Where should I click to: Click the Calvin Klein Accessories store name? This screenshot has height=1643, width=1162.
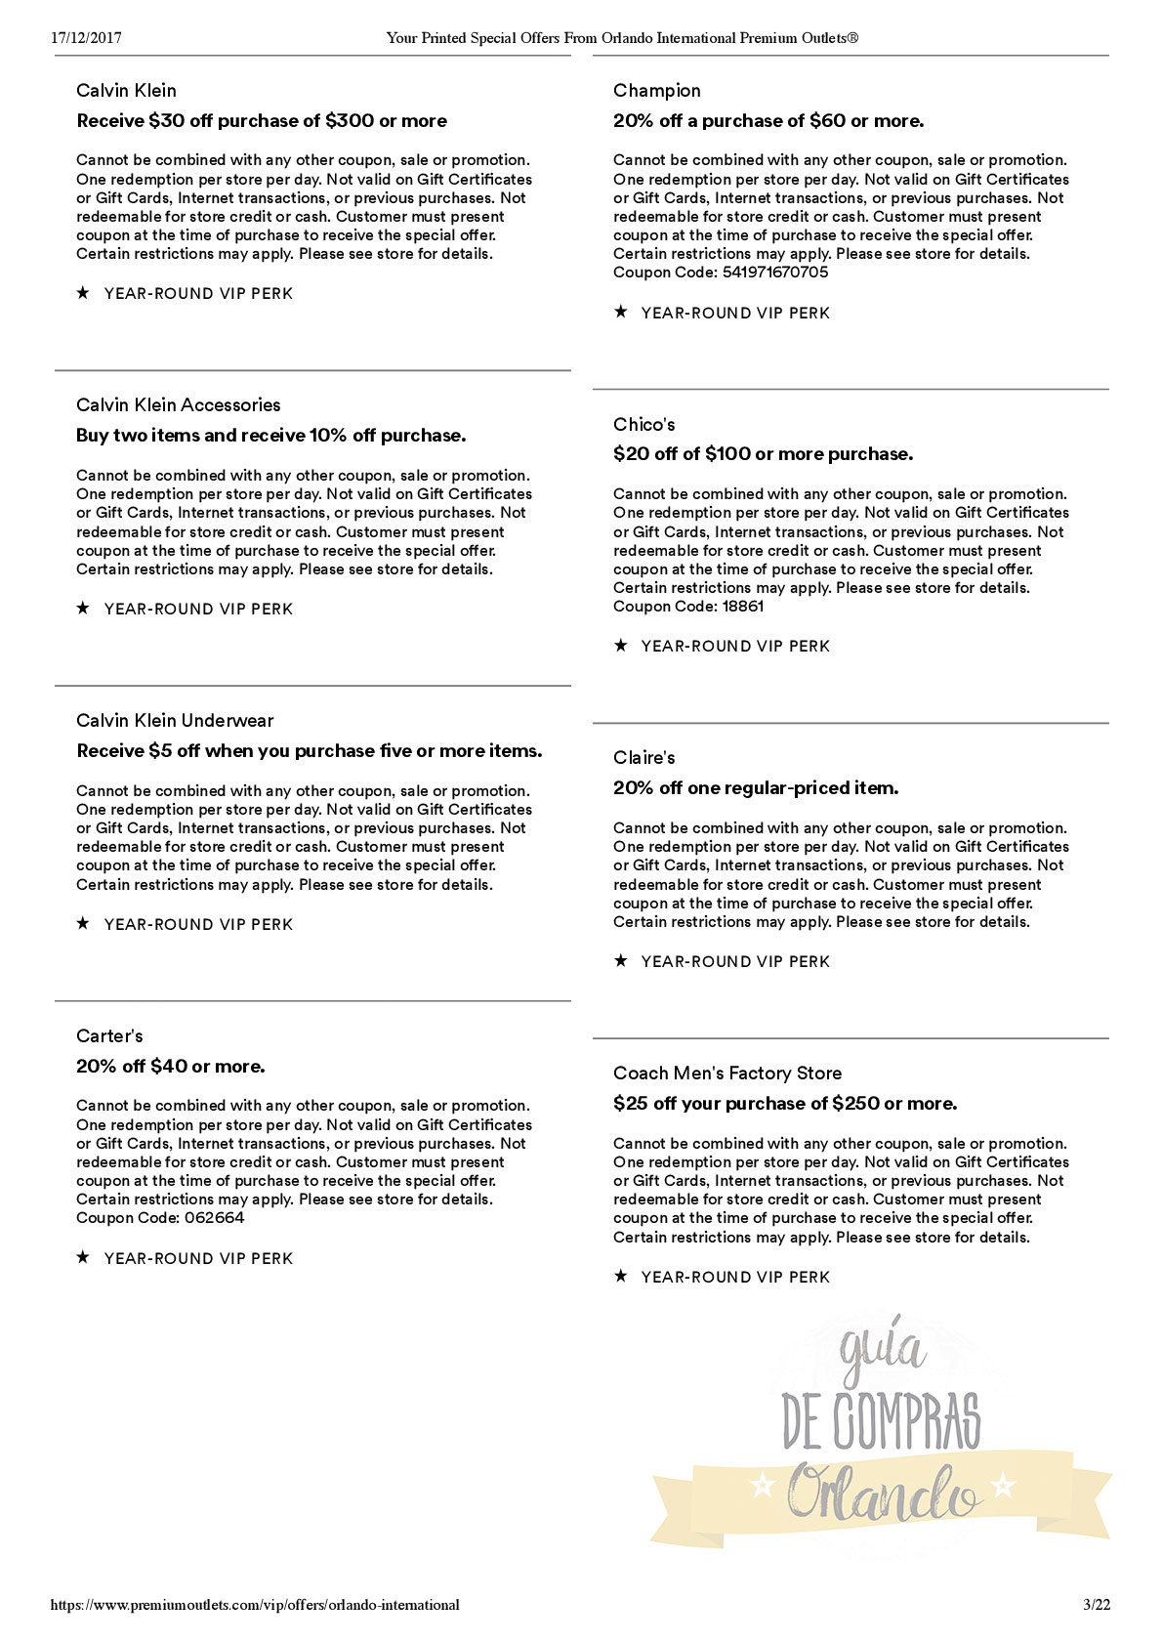click(x=178, y=405)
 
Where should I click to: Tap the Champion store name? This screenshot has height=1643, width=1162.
click(x=656, y=91)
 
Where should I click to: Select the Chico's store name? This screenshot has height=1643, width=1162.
click(x=643, y=425)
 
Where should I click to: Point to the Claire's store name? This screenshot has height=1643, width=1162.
click(x=643, y=758)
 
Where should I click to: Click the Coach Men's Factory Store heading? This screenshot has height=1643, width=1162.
click(x=726, y=1074)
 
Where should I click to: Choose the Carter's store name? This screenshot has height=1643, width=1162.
click(x=109, y=1036)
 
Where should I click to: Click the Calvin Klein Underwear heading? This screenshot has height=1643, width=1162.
click(x=175, y=721)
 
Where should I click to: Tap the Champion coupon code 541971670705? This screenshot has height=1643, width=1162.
click(x=774, y=273)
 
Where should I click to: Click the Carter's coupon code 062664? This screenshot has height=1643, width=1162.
click(x=213, y=1218)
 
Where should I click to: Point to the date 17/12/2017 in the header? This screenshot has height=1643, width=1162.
click(x=86, y=38)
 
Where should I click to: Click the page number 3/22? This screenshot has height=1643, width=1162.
click(x=1097, y=1605)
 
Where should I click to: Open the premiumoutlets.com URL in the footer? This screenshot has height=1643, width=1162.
click(x=255, y=1605)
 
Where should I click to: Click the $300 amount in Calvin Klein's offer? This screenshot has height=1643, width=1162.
click(x=349, y=121)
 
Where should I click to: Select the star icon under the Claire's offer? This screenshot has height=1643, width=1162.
click(x=620, y=961)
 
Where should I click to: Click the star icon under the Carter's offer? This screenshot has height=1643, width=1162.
click(x=83, y=1258)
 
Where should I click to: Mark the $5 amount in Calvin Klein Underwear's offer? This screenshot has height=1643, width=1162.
click(x=160, y=751)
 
